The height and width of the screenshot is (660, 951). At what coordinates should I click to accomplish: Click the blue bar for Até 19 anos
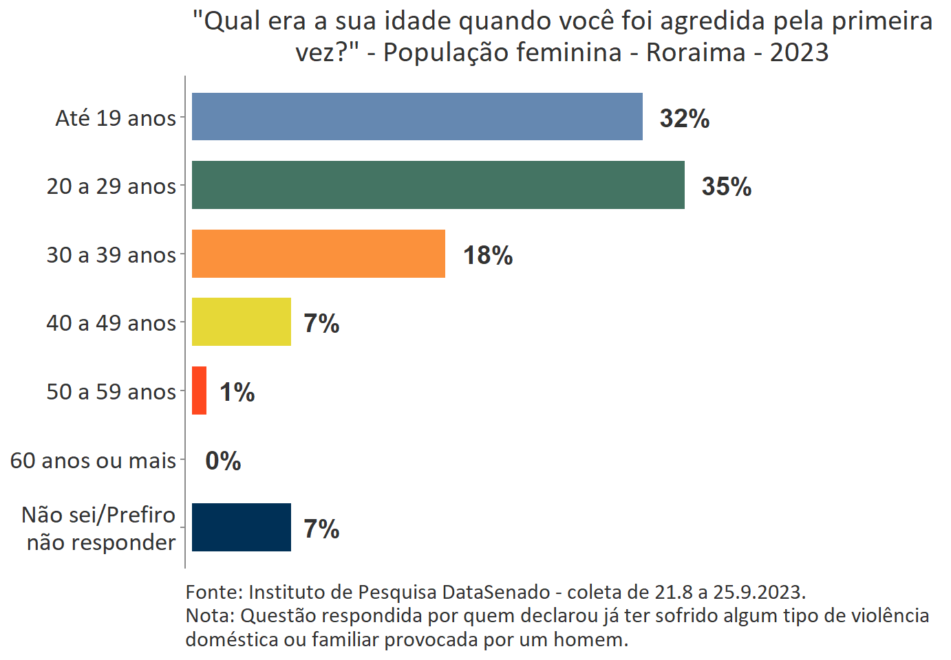click(417, 117)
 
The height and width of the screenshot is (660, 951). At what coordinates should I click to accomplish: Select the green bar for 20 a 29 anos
click(438, 185)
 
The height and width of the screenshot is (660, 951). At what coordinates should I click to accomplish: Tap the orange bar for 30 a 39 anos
click(318, 254)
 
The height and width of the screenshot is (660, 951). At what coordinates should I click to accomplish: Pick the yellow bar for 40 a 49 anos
click(241, 322)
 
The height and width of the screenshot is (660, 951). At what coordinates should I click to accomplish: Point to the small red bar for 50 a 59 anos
click(199, 390)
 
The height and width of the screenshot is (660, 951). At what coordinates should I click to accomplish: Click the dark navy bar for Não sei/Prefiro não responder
click(241, 527)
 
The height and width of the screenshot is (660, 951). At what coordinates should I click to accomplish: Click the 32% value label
click(684, 118)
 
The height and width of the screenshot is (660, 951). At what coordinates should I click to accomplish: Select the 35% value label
click(726, 186)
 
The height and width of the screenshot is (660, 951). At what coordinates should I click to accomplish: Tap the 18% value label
click(487, 255)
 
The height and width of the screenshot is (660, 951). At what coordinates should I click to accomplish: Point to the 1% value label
click(237, 392)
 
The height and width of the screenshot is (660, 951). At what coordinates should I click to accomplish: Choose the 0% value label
click(223, 461)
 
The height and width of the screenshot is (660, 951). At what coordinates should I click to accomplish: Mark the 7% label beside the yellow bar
click(321, 323)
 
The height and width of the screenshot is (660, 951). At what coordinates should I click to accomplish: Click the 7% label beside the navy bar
click(321, 529)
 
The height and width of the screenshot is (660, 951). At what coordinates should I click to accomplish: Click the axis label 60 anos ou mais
click(93, 460)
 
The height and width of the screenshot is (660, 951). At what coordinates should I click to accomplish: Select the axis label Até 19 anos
click(116, 118)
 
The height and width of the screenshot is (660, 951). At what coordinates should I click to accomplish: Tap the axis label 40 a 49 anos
click(111, 322)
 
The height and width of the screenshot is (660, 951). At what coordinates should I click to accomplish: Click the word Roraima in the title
click(695, 52)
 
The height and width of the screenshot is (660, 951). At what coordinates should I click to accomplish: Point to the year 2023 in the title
click(799, 52)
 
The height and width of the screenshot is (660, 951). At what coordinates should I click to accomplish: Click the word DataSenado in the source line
click(495, 592)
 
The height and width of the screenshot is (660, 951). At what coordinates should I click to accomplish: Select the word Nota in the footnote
click(208, 615)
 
